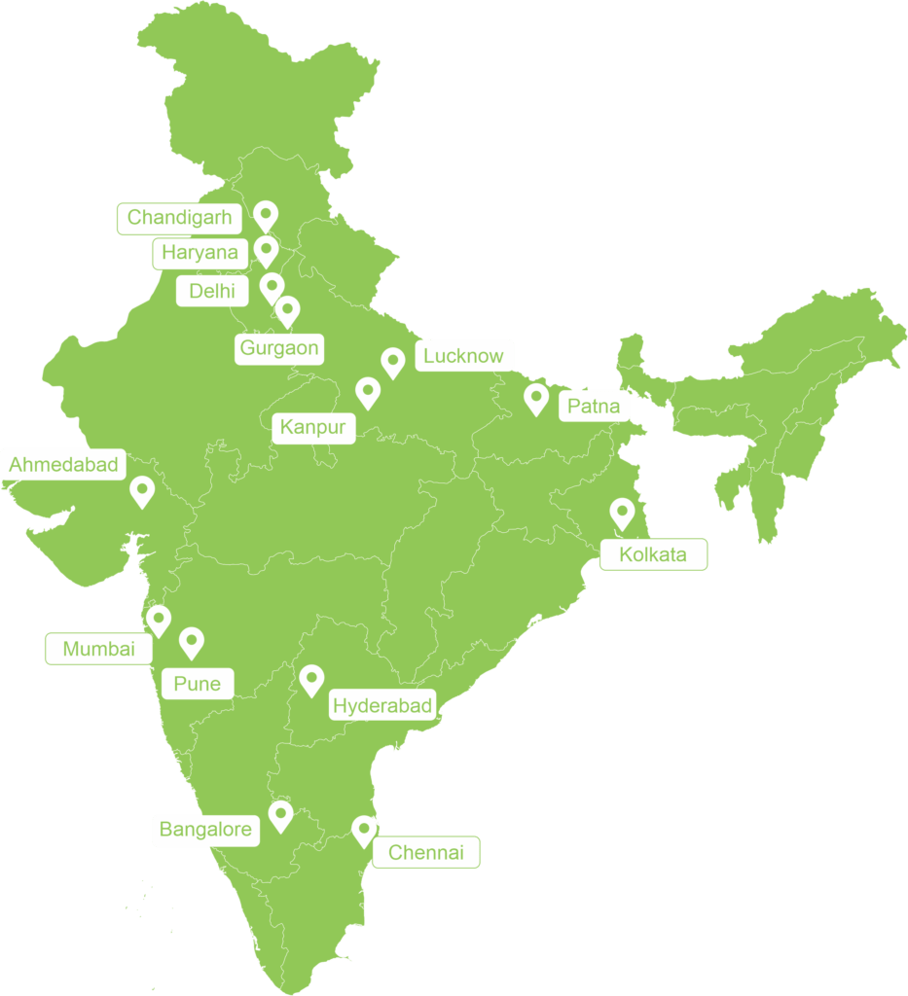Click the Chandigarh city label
pos(179,218)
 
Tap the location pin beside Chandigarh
pos(265,215)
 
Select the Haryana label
pos(200,253)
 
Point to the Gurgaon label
pos(278,348)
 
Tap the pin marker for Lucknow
pos(392,362)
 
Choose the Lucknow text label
pos(464,356)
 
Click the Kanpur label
pos(313,426)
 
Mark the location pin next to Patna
pos(535,398)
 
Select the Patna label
pos(593,406)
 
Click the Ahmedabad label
pos(63,464)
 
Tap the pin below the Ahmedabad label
pos(143,490)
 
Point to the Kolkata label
pos(652,555)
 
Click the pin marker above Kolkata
pos(621,512)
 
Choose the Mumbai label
pos(98,649)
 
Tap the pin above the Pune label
pos(192,641)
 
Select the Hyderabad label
pos(381,706)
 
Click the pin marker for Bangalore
pos(281,814)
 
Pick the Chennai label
pos(426,853)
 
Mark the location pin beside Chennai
pos(364,830)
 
